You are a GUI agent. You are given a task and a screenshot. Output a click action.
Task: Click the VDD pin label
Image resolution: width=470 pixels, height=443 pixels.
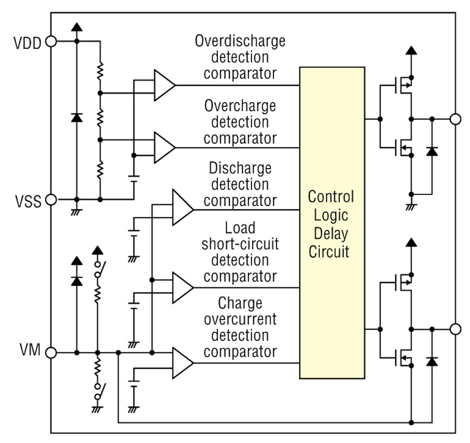point(27,43)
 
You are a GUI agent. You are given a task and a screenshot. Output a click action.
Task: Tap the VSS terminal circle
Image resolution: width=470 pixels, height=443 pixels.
point(51,200)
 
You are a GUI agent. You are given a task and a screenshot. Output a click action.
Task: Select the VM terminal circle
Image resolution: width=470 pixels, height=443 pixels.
point(51,353)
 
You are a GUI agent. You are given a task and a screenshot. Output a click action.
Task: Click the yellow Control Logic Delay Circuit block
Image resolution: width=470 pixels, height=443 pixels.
point(332,223)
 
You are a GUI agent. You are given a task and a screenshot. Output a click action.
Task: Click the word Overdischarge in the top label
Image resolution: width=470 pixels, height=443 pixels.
point(240,41)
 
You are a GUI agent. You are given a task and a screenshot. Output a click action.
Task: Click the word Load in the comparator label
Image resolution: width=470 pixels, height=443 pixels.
point(240,228)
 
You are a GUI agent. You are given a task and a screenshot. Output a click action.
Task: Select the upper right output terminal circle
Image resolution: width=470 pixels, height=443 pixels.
point(455,119)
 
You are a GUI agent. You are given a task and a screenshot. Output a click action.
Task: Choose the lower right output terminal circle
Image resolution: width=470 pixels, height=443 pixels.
point(455,329)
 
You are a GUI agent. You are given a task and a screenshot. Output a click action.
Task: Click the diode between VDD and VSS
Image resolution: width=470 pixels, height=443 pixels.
point(77,117)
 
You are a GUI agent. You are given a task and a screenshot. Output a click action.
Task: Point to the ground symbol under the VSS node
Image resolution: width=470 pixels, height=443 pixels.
point(76,212)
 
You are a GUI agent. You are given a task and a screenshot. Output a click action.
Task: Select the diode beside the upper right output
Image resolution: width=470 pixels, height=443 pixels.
point(432,151)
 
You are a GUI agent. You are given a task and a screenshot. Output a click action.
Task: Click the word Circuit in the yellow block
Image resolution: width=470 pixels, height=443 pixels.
point(329,252)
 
